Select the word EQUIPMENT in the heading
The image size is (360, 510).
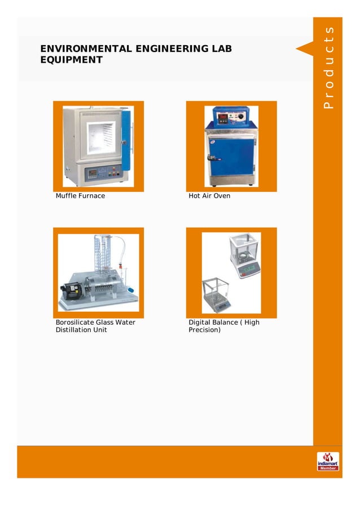point(71,60)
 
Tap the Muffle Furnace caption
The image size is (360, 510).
point(80,196)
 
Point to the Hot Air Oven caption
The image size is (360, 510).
point(209,196)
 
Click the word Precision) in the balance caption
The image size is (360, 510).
point(204,330)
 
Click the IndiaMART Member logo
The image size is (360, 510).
point(328,461)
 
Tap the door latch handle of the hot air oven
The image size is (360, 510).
point(210,159)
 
